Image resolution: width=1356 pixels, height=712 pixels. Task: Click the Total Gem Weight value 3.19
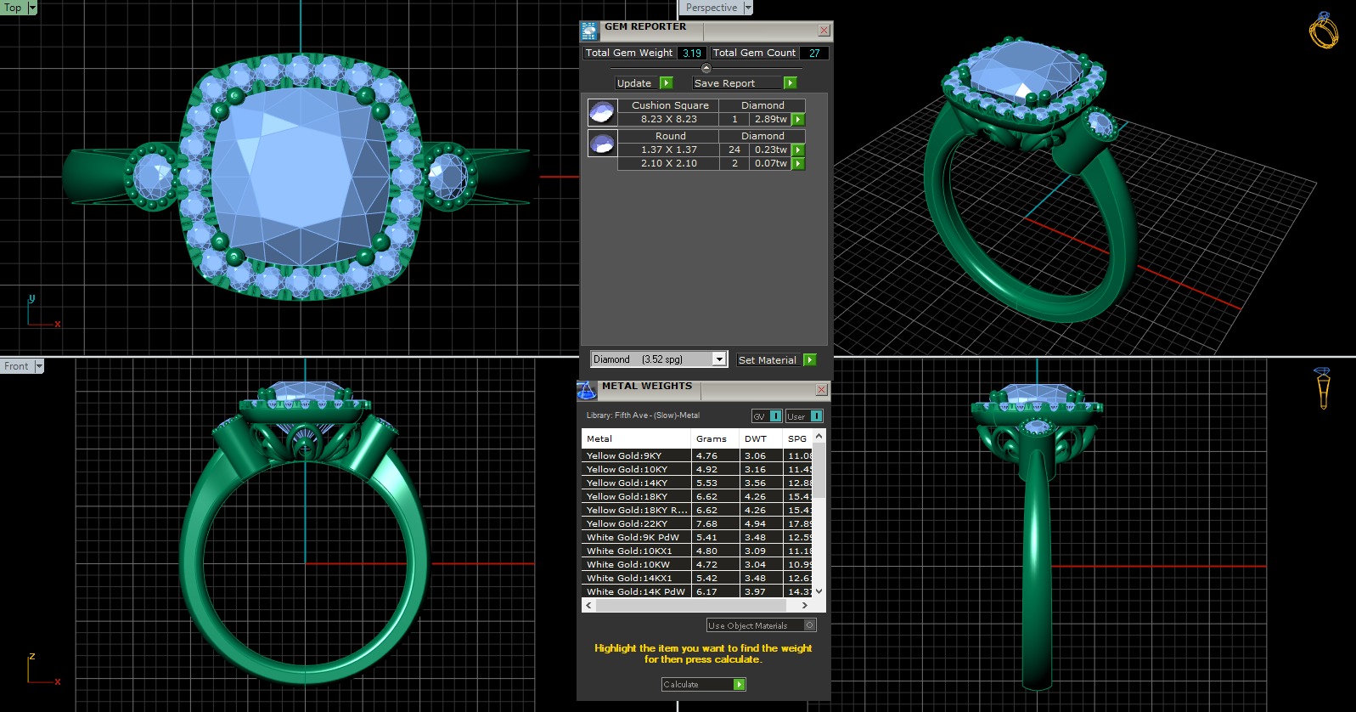click(x=692, y=53)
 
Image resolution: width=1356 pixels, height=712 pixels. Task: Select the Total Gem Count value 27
click(x=814, y=53)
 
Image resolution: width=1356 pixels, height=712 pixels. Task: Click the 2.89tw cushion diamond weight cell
click(x=770, y=120)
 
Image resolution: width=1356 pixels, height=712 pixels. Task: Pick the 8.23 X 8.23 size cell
click(x=668, y=120)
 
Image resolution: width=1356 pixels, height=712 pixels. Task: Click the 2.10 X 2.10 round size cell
click(x=668, y=163)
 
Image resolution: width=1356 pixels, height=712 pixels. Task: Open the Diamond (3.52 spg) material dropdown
click(x=719, y=359)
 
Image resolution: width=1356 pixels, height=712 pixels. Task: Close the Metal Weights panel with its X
click(x=821, y=389)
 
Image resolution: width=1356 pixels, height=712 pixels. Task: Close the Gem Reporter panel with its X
click(x=824, y=30)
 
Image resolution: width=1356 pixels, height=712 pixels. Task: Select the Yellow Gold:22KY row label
click(x=627, y=524)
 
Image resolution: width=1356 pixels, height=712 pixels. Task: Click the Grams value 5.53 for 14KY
click(x=706, y=483)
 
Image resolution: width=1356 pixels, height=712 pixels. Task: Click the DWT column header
click(x=755, y=439)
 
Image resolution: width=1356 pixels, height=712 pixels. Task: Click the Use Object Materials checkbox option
click(x=809, y=625)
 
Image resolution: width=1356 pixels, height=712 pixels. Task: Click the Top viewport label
click(x=13, y=8)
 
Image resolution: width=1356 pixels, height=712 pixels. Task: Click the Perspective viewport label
click(x=711, y=8)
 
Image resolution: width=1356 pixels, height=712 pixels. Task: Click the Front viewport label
click(x=16, y=366)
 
